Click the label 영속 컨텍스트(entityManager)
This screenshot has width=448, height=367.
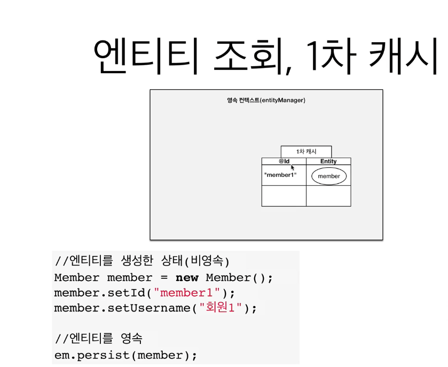coord(266,100)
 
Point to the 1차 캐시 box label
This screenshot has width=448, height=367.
coord(306,152)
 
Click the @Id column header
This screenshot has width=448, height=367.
coord(284,161)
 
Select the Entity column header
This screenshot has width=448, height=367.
coord(328,161)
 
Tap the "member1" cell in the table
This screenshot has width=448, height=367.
coord(280,175)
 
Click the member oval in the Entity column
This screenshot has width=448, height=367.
coord(328,176)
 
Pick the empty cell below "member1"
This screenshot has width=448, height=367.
coord(284,196)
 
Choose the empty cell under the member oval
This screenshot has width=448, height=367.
coord(328,196)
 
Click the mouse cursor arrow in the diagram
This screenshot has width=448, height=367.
coord(293,167)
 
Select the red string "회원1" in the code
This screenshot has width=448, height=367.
coord(221,309)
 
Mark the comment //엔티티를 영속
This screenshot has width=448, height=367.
coord(99,339)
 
